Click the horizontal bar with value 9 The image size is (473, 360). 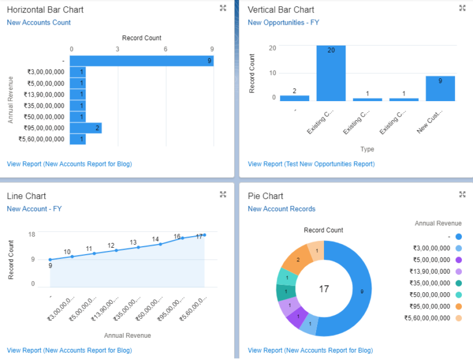click(x=142, y=60)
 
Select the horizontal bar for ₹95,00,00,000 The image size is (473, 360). click(x=86, y=128)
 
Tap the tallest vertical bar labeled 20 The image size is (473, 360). click(x=331, y=73)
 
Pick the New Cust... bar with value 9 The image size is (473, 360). click(x=440, y=88)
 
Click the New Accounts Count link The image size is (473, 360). click(x=39, y=23)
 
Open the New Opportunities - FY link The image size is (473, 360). click(x=283, y=23)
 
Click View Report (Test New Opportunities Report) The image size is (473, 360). click(x=311, y=164)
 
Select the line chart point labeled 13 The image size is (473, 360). click(x=138, y=247)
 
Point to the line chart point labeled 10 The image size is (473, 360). click(x=72, y=256)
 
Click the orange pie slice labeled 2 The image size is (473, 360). click(x=297, y=260)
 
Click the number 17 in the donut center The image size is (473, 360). click(x=323, y=288)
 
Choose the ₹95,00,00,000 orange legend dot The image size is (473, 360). click(x=459, y=306)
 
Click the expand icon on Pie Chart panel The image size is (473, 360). click(x=462, y=195)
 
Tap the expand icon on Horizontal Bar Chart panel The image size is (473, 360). click(x=223, y=9)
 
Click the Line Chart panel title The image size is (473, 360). click(x=26, y=196)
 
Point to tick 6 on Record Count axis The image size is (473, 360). click(x=165, y=49)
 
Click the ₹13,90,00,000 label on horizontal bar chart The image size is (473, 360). click(x=44, y=94)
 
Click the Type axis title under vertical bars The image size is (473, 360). click(x=367, y=149)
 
